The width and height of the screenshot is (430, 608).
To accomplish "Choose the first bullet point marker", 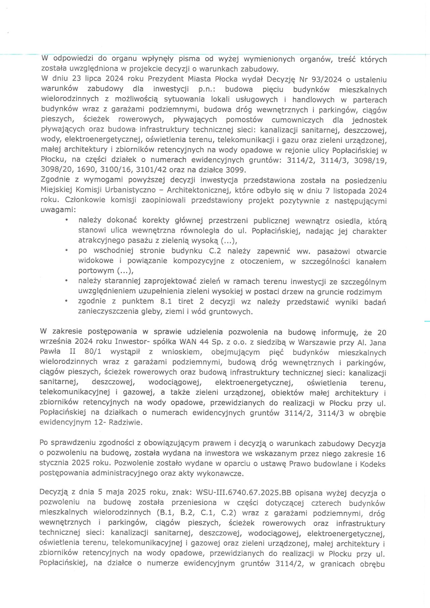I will pyautogui.click(x=67, y=220).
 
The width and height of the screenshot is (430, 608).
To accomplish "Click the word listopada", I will pyautogui.click(x=349, y=191).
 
